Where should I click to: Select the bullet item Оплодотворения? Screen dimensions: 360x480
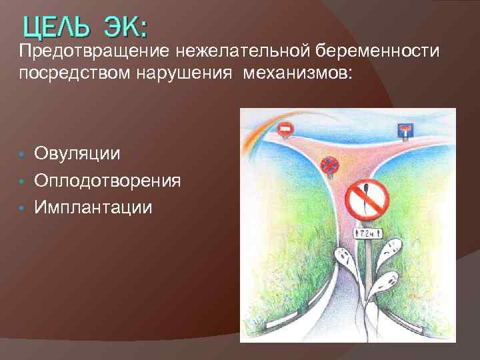click(x=107, y=181)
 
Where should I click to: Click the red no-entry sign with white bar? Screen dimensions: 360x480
click(x=285, y=129)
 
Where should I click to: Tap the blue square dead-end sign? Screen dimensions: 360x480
click(x=405, y=130)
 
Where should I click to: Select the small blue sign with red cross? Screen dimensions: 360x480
click(x=329, y=164)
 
